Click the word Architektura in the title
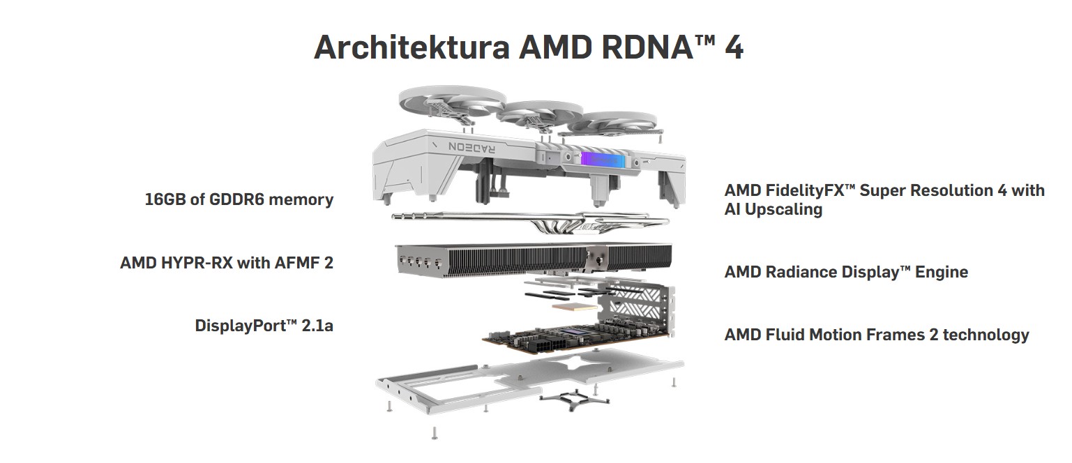412,47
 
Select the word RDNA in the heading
641,47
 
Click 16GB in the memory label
165,199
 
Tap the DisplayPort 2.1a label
264,325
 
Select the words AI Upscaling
773,209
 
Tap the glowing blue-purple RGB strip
601,158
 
